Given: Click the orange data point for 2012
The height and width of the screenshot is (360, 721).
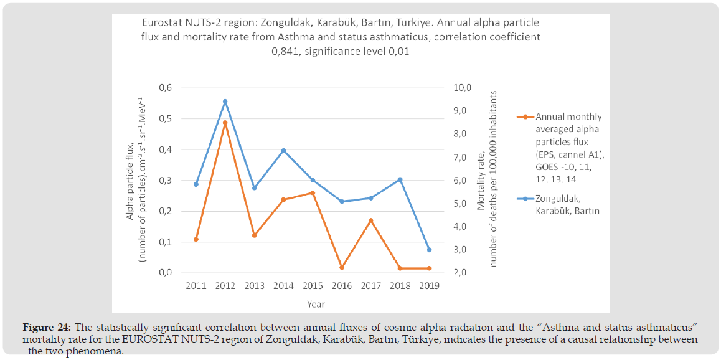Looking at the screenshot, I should (225, 123).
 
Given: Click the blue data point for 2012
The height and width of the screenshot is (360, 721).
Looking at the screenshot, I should (225, 102).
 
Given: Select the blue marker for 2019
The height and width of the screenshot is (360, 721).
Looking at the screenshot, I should (429, 250).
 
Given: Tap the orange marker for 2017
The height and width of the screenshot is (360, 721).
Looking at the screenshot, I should (370, 220).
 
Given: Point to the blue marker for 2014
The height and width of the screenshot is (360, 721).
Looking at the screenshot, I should (283, 151).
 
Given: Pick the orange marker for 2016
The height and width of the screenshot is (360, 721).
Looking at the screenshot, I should (342, 267).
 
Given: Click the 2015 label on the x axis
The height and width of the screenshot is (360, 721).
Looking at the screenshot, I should (313, 286).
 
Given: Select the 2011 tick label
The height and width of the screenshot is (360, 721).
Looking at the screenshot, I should (196, 286).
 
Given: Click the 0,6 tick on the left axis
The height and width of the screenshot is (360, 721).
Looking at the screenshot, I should (164, 88).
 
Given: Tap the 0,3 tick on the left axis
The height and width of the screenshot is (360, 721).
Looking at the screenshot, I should (164, 181).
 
